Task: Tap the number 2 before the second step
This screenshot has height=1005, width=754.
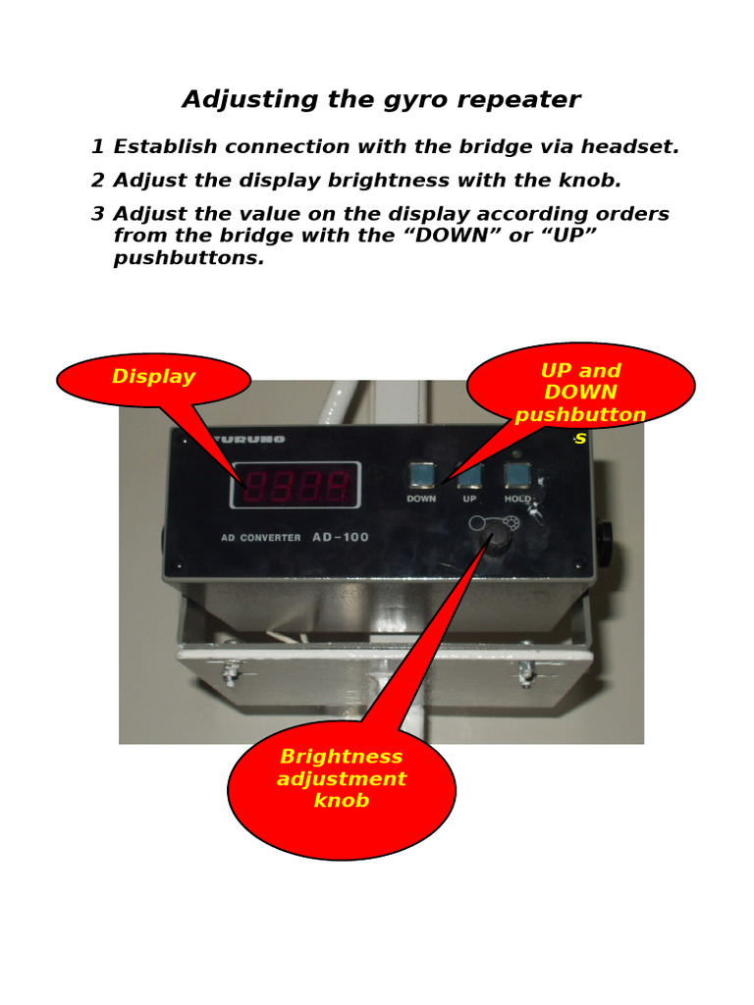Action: pyautogui.click(x=97, y=181)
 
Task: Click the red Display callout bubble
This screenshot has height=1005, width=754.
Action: pyautogui.click(x=153, y=379)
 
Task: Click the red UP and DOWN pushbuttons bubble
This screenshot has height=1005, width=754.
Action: pyautogui.click(x=580, y=389)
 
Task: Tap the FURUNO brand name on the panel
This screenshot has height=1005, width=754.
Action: pyautogui.click(x=248, y=439)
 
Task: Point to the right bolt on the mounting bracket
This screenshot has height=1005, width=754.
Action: pyautogui.click(x=525, y=674)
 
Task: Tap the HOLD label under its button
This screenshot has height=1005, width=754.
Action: pyautogui.click(x=517, y=500)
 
